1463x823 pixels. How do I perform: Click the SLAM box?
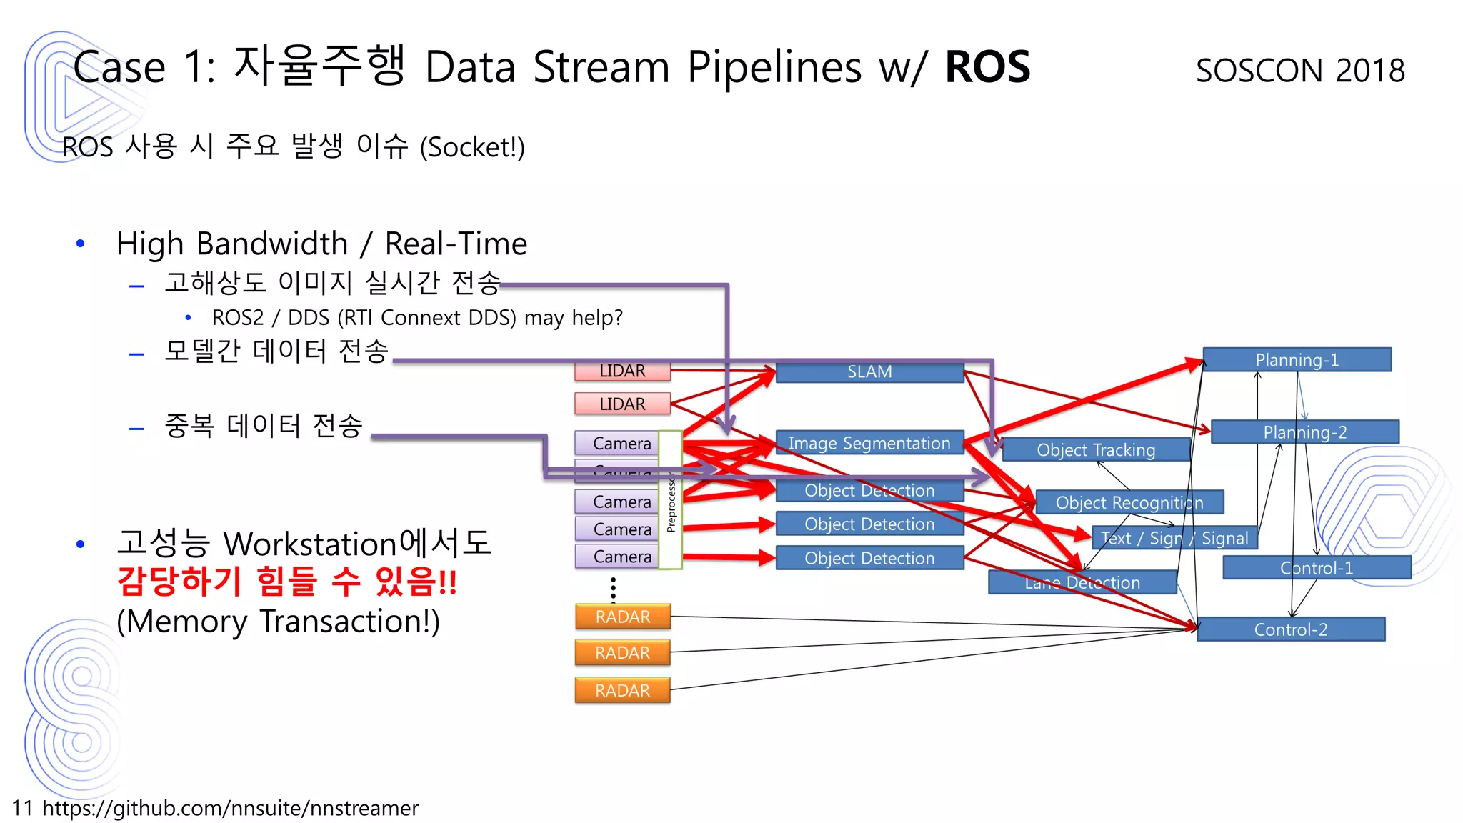click(x=869, y=371)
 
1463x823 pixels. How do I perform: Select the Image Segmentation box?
click(x=869, y=443)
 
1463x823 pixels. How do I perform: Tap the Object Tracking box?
click(x=1095, y=450)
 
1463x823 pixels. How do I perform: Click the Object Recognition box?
click(x=1129, y=502)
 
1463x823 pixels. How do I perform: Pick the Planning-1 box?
click(x=1297, y=360)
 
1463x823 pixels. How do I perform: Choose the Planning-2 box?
click(x=1304, y=432)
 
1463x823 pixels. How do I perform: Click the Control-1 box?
click(x=1317, y=568)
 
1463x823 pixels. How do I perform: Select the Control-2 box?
click(x=1290, y=629)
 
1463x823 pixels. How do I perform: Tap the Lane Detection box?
click(x=1082, y=583)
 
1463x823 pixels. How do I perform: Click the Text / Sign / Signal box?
click(x=1174, y=538)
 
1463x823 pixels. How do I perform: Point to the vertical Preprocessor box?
click(x=670, y=500)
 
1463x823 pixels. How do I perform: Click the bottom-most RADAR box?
click(x=622, y=691)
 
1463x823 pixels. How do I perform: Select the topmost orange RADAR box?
click(x=622, y=617)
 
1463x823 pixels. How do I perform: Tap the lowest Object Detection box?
click(x=869, y=558)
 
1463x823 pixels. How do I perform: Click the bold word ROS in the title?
click(x=987, y=67)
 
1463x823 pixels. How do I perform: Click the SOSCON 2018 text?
click(x=1300, y=70)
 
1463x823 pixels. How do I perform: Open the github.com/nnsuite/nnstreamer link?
click(x=230, y=808)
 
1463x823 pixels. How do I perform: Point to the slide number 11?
click(x=22, y=808)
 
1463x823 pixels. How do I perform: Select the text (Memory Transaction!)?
click(x=278, y=621)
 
